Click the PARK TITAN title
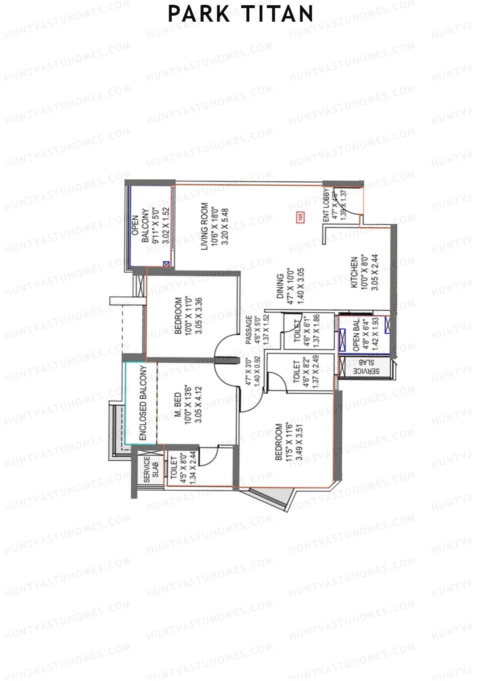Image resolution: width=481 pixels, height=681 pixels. point(240,14)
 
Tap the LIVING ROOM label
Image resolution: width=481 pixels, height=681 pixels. point(205,227)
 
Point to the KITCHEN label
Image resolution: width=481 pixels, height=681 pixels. point(354,272)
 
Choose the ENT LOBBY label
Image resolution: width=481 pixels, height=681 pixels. point(326,205)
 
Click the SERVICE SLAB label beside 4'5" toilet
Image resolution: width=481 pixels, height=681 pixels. point(151,469)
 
